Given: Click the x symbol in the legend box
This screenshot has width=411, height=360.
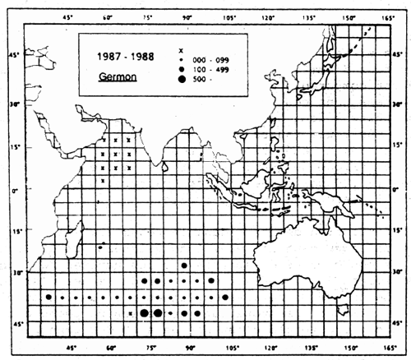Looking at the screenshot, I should click(x=181, y=52).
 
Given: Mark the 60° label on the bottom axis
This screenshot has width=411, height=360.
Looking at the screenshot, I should click(x=109, y=348).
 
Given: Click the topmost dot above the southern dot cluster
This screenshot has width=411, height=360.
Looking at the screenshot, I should click(x=184, y=265).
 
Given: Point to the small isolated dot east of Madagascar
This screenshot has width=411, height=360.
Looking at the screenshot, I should click(x=99, y=247).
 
